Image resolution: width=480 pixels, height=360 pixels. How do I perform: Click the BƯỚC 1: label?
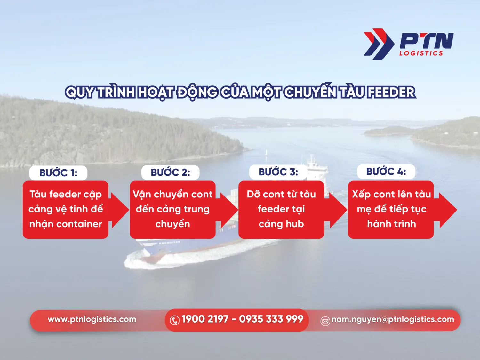58,173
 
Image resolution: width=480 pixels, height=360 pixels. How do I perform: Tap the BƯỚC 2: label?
170,172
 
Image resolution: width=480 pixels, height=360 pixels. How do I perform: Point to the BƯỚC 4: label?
386,171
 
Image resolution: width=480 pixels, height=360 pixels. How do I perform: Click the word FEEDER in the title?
391,92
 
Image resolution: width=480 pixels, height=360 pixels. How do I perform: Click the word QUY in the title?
80,92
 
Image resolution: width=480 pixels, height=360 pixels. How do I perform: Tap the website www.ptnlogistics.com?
92,319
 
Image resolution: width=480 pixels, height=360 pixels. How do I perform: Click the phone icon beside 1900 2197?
175,320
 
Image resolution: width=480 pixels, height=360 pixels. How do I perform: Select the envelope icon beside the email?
325,321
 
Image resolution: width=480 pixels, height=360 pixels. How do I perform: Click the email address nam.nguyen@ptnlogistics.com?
393,319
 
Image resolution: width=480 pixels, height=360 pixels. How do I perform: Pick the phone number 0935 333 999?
271,319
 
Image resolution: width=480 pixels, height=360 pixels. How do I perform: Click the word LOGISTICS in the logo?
421,53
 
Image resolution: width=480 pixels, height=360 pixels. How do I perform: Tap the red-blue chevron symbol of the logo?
379,44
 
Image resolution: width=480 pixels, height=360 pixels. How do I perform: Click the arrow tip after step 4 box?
457,210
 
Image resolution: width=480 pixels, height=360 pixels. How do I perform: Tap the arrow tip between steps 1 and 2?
129,210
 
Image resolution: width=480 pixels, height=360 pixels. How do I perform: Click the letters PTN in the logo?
427,41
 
